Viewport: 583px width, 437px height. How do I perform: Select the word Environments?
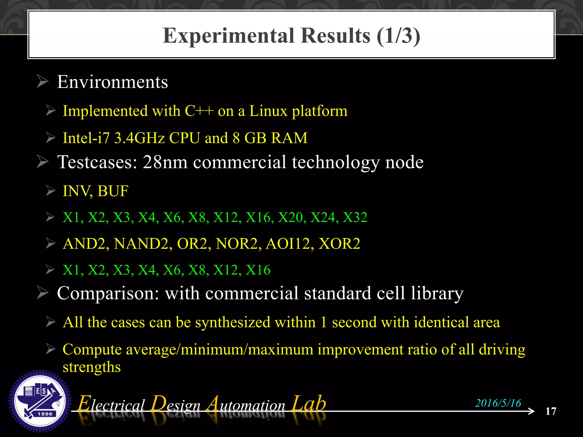[112, 82]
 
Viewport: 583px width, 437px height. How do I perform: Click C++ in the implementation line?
[199, 111]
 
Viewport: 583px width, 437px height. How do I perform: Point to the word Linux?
[268, 111]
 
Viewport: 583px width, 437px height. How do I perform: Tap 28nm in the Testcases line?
[165, 162]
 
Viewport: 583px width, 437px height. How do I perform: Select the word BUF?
[113, 191]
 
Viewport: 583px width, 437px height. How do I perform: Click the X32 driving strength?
[355, 217]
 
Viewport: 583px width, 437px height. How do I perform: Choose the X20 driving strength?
[290, 217]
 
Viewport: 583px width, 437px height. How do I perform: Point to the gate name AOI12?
[288, 244]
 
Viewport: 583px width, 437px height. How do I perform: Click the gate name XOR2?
[339, 244]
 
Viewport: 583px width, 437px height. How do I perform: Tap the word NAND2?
[141, 244]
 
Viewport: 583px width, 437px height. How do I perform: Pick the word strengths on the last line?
[92, 367]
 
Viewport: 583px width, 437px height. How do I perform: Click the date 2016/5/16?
[498, 403]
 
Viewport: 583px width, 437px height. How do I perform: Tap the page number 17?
[551, 411]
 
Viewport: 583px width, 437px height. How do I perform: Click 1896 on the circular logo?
[45, 414]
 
